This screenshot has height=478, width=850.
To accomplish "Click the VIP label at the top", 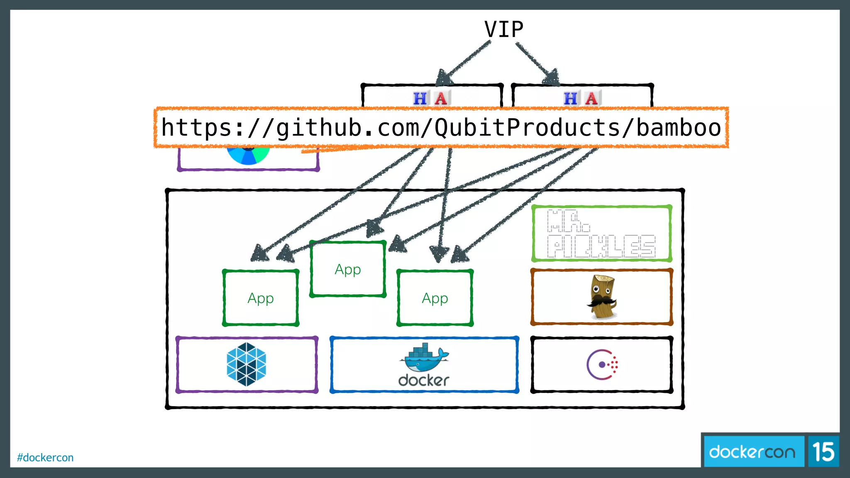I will pyautogui.click(x=503, y=29).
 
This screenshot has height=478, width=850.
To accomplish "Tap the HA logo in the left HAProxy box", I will pyautogui.click(x=431, y=98).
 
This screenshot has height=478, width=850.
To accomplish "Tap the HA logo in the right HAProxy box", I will pyautogui.click(x=582, y=98).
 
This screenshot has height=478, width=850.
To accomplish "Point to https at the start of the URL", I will pyautogui.click(x=197, y=127).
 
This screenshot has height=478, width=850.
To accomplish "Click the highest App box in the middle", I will pyautogui.click(x=348, y=269).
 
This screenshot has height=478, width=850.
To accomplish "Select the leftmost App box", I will pyautogui.click(x=261, y=298).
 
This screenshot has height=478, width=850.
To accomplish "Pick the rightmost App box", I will pyautogui.click(x=435, y=298).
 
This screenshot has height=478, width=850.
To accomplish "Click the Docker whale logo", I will pyautogui.click(x=424, y=357).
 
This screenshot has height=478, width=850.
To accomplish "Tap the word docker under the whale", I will pyautogui.click(x=424, y=380).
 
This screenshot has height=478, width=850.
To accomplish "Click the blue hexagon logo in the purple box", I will pyautogui.click(x=247, y=364).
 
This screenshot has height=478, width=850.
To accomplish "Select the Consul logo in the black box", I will pyautogui.click(x=602, y=364).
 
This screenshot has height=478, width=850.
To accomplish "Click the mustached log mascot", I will pyautogui.click(x=602, y=297).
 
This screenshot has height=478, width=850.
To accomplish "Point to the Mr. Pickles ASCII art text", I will pyautogui.click(x=601, y=234).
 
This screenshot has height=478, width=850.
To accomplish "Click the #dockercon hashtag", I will pyautogui.click(x=45, y=457).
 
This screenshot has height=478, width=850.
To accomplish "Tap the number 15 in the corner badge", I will pyautogui.click(x=823, y=451).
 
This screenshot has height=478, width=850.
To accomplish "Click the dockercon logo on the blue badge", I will pyautogui.click(x=752, y=451).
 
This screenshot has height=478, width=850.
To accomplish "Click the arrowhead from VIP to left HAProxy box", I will pyautogui.click(x=444, y=78).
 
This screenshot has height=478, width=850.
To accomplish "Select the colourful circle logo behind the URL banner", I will pyautogui.click(x=248, y=156).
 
